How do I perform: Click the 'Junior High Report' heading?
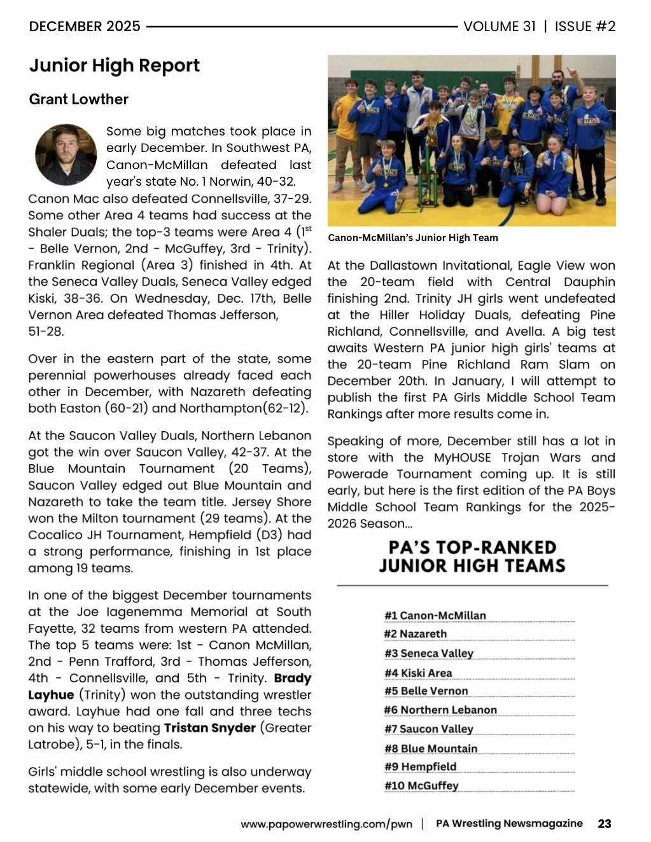click(115, 66)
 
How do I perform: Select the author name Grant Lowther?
click(79, 99)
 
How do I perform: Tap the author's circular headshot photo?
click(66, 155)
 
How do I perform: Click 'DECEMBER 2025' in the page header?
click(85, 27)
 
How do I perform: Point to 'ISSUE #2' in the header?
click(585, 27)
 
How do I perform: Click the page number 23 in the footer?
click(604, 824)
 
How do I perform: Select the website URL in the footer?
click(327, 824)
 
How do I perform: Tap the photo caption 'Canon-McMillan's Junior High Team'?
click(412, 238)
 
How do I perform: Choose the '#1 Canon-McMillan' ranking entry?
click(435, 616)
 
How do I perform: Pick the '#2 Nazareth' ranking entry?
click(415, 634)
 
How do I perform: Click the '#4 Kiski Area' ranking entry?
click(418, 673)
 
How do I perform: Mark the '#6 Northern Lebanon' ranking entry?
click(440, 710)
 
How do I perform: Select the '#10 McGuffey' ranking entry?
click(421, 785)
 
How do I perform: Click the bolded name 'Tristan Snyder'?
click(209, 728)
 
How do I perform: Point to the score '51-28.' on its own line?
click(46, 331)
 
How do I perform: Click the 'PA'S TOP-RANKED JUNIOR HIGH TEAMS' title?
click(472, 556)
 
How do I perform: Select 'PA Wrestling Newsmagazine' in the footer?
click(509, 824)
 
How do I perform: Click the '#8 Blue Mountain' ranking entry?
click(430, 749)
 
